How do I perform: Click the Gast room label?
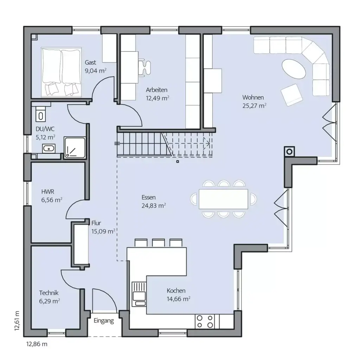(90, 63)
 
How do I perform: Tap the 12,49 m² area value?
(157, 98)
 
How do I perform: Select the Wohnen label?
(253, 97)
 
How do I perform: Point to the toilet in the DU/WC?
(41, 114)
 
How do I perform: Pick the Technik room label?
(49, 292)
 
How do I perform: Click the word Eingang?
(104, 321)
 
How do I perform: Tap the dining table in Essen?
(223, 199)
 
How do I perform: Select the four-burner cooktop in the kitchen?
(205, 321)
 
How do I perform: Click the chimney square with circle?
(290, 151)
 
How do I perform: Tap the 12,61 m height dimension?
(17, 320)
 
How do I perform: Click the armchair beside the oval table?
(291, 94)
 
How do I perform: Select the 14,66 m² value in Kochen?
(179, 299)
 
